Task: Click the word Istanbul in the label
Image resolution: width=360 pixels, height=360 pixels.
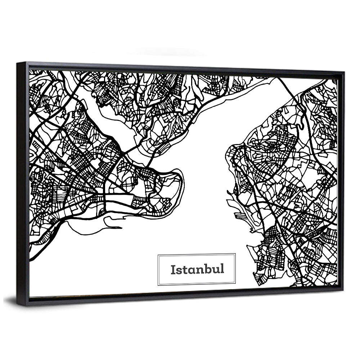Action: click(x=197, y=269)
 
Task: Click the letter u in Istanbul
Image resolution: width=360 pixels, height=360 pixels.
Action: click(x=216, y=270)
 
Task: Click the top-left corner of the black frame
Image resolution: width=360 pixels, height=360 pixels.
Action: click(x=17, y=63)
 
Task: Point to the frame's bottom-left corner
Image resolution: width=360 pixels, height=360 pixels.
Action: click(x=18, y=305)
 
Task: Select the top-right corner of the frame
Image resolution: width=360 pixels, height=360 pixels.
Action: click(x=344, y=72)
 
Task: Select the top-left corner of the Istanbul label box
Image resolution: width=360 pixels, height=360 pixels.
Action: click(x=158, y=255)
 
